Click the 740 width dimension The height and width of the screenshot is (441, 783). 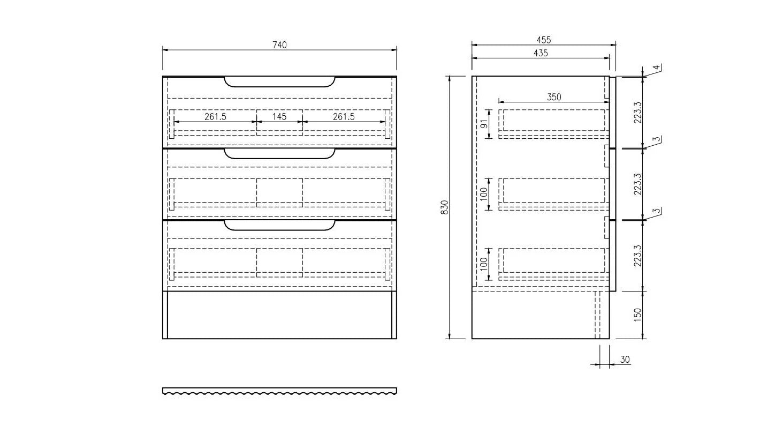[x=279, y=45]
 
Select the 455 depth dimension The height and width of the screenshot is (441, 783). [x=543, y=40]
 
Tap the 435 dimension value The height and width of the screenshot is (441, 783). [x=541, y=53]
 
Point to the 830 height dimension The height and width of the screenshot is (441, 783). [x=444, y=207]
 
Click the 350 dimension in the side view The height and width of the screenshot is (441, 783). [x=554, y=97]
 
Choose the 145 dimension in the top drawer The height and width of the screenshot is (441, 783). [x=279, y=116]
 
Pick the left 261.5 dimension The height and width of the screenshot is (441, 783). [x=215, y=116]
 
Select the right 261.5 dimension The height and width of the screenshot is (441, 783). [x=344, y=116]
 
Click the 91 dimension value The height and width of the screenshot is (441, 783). [x=484, y=124]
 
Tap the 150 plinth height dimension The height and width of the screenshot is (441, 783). [x=637, y=315]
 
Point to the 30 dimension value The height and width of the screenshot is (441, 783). [x=625, y=360]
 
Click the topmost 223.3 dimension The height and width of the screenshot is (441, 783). [x=637, y=113]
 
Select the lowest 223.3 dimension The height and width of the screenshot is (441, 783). [x=637, y=256]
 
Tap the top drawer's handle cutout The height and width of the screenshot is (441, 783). [x=279, y=82]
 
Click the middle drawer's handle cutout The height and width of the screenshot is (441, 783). [x=279, y=154]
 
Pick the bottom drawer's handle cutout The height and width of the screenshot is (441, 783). [x=279, y=225]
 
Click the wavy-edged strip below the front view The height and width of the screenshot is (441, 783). [x=279, y=391]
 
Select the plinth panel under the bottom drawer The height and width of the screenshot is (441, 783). [x=279, y=315]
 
